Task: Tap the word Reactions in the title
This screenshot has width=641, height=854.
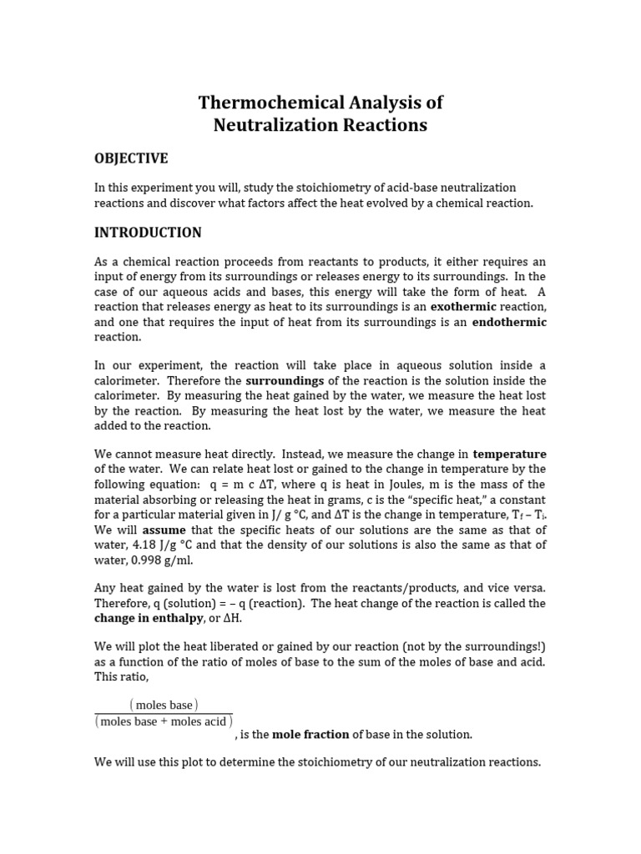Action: coord(382,126)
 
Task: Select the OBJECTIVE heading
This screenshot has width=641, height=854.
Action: coord(131,158)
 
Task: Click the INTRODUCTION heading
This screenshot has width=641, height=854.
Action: coord(148,233)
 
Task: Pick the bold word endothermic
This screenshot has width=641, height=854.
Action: coord(509,322)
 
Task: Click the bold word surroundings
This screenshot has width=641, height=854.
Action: coord(283,381)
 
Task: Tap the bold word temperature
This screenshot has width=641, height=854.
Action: coord(509,455)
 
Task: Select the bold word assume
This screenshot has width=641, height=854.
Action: coord(164,530)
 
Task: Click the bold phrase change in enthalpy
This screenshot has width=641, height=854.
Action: coord(144,618)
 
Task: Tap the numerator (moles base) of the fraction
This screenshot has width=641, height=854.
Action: coord(164,706)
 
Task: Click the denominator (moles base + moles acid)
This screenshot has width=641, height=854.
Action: coord(164,722)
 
